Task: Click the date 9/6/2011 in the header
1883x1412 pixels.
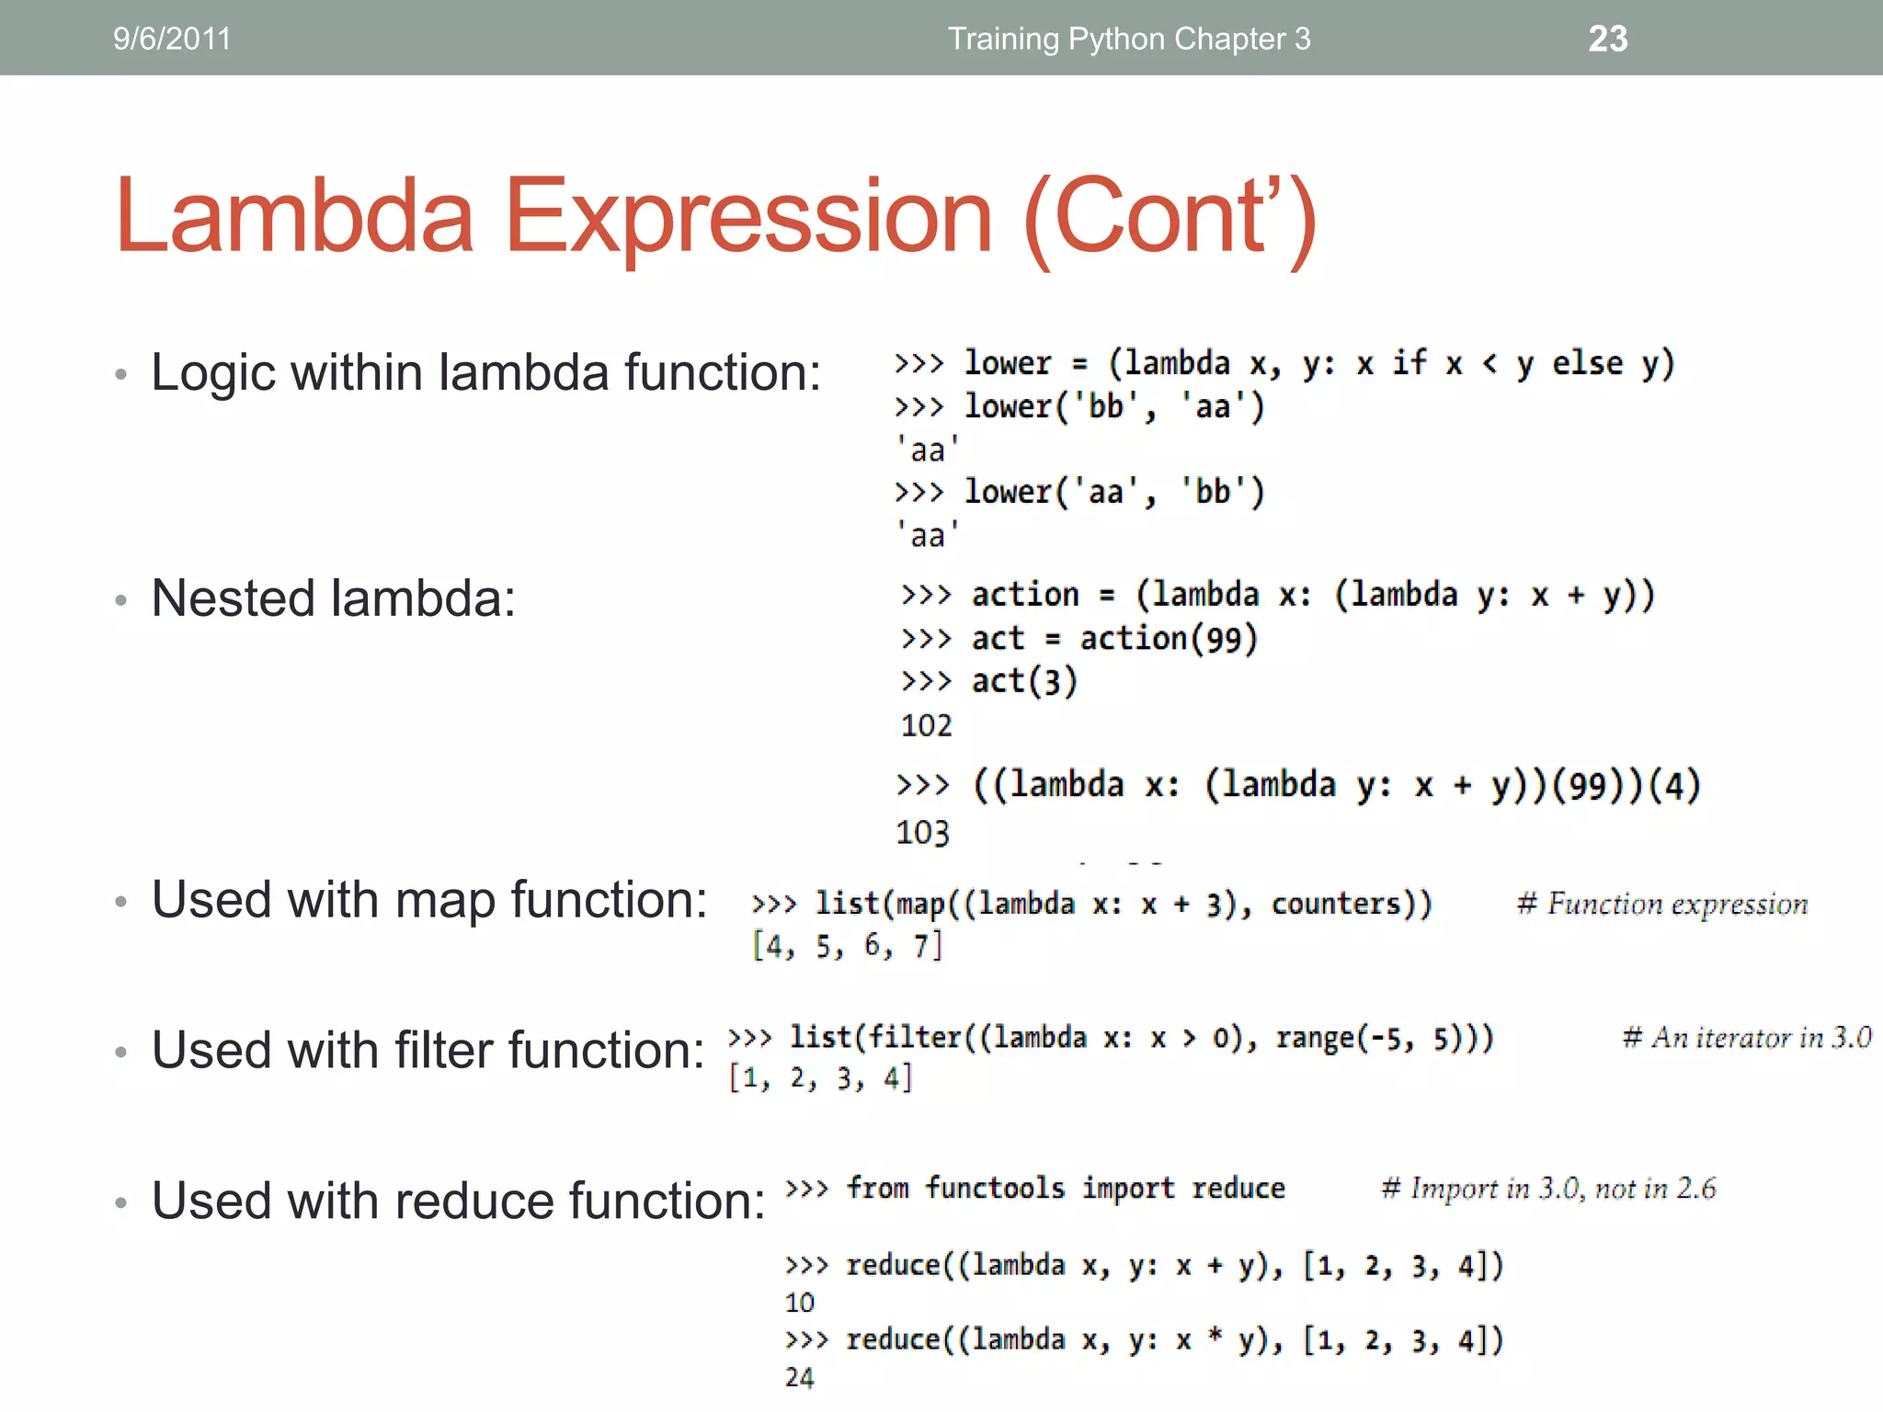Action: click(x=172, y=39)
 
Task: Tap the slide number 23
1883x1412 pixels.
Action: click(x=1607, y=39)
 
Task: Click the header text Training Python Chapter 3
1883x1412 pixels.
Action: click(x=1128, y=39)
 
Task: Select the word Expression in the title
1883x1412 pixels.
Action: click(x=748, y=217)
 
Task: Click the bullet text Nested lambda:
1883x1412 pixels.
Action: click(x=333, y=598)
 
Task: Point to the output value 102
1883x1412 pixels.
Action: click(x=926, y=726)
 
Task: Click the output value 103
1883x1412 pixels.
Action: click(x=922, y=833)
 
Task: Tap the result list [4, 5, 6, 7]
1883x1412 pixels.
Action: click(x=847, y=946)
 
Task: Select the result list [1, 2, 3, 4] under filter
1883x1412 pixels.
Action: click(x=820, y=1078)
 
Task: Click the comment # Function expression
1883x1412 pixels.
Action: click(x=1662, y=905)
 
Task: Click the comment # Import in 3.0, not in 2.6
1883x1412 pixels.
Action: click(x=1548, y=1189)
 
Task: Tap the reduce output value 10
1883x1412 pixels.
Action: click(x=799, y=1303)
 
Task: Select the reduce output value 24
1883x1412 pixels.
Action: click(x=799, y=1377)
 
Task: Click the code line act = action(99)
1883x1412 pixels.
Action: click(x=1113, y=638)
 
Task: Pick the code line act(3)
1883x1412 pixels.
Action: click(x=1023, y=681)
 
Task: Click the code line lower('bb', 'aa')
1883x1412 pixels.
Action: click(x=1113, y=406)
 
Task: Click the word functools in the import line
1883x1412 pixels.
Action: click(x=995, y=1188)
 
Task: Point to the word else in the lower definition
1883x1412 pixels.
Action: click(x=1587, y=363)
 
